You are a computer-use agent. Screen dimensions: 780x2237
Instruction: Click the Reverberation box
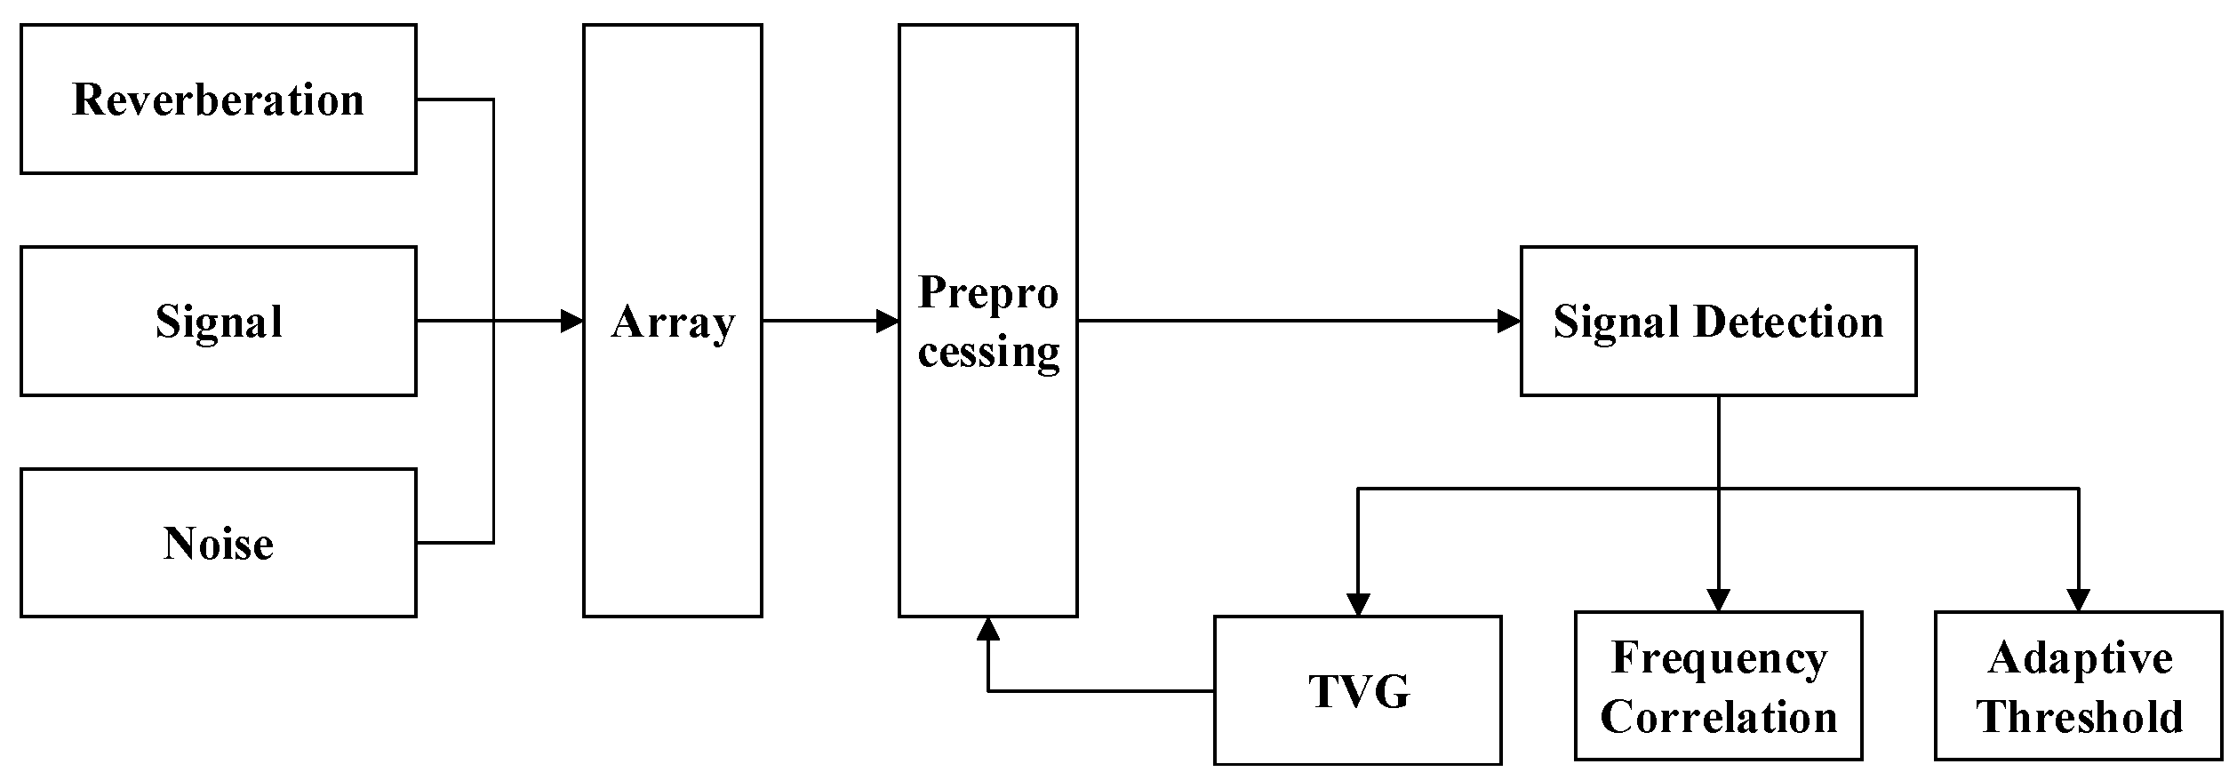point(219,99)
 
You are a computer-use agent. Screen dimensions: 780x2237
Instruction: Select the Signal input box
point(219,321)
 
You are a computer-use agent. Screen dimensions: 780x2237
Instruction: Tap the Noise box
point(219,543)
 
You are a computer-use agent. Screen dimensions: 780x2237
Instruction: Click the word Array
point(673,322)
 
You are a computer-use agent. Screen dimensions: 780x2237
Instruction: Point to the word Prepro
point(988,292)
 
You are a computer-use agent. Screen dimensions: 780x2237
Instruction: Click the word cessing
point(988,351)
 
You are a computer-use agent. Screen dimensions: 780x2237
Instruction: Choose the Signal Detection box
point(1718,321)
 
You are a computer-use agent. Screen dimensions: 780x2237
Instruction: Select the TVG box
point(1358,690)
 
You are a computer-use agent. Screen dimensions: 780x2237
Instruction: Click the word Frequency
point(1719,658)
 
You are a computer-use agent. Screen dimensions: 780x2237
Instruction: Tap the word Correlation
point(1719,717)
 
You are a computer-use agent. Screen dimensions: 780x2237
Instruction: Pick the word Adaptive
point(2080,658)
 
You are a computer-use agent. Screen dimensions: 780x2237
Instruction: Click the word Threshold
point(2080,717)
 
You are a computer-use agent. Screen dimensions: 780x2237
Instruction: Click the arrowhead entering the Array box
point(571,321)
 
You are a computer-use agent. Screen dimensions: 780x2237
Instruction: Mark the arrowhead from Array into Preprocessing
point(887,321)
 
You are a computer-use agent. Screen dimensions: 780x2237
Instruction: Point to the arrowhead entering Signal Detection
point(1509,321)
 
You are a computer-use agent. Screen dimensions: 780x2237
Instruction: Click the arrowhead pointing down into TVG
point(1358,604)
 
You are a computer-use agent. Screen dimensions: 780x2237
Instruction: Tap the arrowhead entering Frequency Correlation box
point(1719,601)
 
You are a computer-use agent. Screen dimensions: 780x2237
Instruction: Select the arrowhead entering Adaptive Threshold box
point(2079,601)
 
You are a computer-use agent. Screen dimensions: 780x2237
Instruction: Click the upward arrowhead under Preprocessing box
point(988,629)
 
